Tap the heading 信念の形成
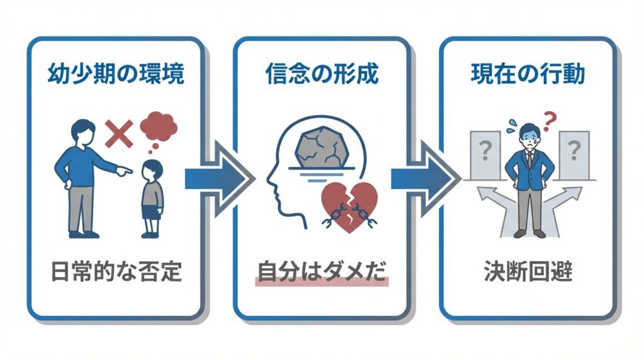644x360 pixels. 321,74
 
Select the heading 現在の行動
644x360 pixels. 528,74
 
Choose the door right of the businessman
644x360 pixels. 573,155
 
